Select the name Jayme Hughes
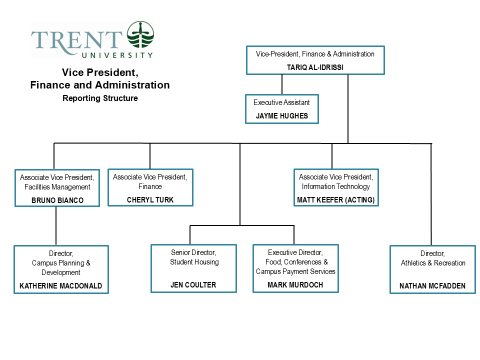[x=283, y=115]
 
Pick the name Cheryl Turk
[x=150, y=199]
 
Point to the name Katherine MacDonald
[x=61, y=286]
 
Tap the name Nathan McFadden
[x=432, y=286]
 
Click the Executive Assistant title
[x=283, y=101]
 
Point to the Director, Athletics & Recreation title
[x=432, y=259]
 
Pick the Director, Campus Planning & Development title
[x=61, y=262]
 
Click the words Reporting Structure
[x=100, y=98]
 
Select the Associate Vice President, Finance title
[x=150, y=181]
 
